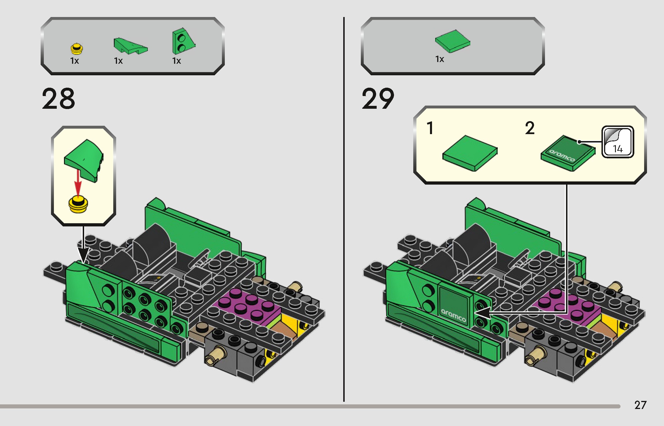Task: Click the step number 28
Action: pos(59,99)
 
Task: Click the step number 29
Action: pos(378,99)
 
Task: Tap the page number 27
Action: pos(640,405)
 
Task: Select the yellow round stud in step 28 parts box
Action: pos(77,49)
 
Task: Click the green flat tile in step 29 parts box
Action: pos(452,41)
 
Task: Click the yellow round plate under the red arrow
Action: pos(78,204)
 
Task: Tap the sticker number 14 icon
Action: pos(617,142)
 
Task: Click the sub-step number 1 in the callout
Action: pos(430,128)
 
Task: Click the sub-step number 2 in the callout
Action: pos(530,128)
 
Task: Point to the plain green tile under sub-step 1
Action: pos(470,153)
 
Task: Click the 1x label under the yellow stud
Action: pos(75,61)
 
